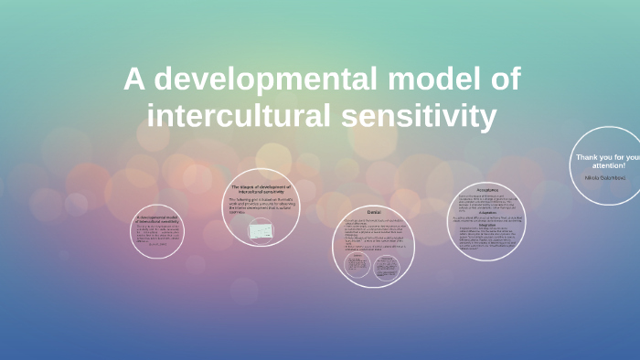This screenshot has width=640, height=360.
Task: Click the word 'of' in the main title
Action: coord(506,80)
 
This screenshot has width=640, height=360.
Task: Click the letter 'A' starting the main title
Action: coord(134,80)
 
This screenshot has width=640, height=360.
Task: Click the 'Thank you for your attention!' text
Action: coord(605,161)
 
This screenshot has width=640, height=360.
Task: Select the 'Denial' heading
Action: coord(373,213)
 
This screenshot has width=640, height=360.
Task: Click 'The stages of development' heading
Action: coord(261,189)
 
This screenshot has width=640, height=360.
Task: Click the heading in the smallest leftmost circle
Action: coord(157,220)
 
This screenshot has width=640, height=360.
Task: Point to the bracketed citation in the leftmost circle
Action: coord(157,244)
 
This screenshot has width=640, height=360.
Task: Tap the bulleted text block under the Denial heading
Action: coord(373,234)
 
